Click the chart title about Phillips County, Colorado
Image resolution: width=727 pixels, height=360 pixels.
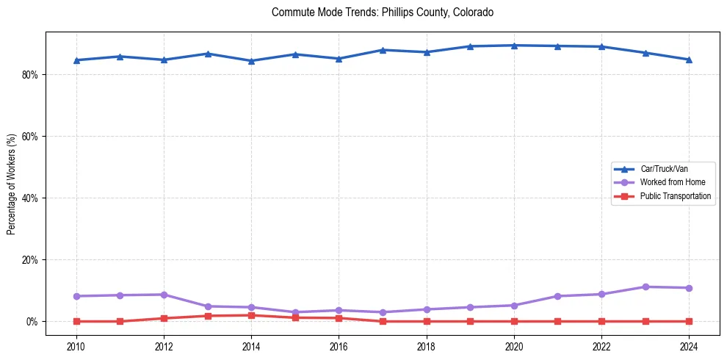tap(383, 12)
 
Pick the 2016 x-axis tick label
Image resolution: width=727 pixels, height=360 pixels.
tap(339, 345)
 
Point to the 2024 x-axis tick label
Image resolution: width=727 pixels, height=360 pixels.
tap(689, 345)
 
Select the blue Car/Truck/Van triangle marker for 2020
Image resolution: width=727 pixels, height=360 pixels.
tap(514, 46)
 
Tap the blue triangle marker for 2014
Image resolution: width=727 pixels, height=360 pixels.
tap(251, 61)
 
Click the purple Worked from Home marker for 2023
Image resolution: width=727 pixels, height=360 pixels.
tap(645, 287)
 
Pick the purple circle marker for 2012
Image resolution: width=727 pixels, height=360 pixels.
tap(164, 295)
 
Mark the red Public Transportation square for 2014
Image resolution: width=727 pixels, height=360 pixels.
tap(251, 315)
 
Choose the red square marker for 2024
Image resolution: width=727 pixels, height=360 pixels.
tap(689, 321)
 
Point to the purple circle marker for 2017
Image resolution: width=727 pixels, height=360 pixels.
tap(383, 312)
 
